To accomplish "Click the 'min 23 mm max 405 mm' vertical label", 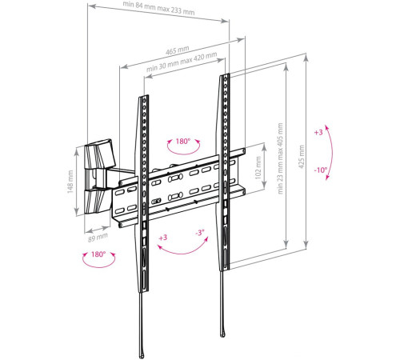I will (x=280, y=159).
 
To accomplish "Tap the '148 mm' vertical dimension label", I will (x=70, y=182).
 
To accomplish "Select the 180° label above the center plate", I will (x=183, y=142).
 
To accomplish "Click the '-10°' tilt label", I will (x=320, y=170).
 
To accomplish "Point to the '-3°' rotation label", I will (x=198, y=232).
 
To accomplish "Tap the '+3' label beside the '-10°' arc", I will (x=319, y=132).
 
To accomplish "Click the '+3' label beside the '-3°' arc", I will (x=163, y=238).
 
